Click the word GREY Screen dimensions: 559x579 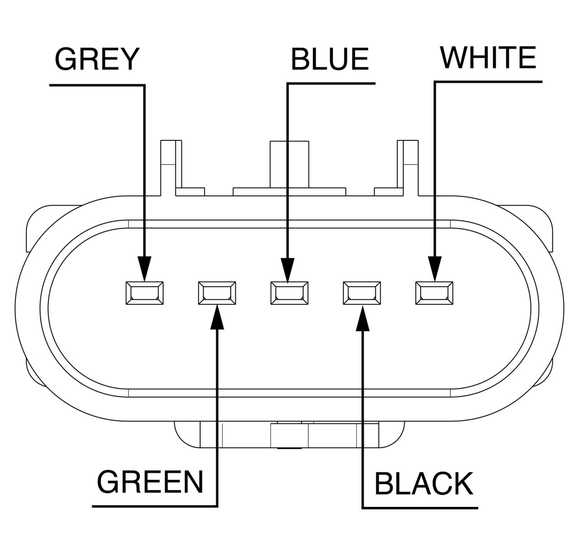(x=96, y=59)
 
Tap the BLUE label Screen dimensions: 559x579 (x=329, y=59)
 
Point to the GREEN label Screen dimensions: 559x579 (x=150, y=482)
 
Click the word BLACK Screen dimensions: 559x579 (x=424, y=483)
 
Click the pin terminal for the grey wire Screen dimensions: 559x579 (x=144, y=293)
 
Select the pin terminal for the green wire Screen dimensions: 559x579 (x=217, y=293)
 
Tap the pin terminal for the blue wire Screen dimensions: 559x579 (x=289, y=293)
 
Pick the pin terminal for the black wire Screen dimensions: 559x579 (x=362, y=293)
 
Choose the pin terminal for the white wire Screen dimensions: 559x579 (x=435, y=293)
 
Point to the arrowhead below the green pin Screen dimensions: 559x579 (x=218, y=316)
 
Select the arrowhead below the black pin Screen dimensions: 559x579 (x=363, y=316)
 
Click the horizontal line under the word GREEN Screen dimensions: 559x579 (x=154, y=505)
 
